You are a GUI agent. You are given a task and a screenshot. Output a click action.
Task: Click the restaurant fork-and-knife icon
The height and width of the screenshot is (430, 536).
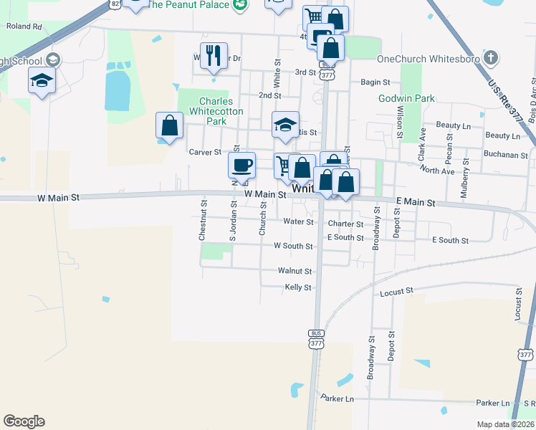(x=213, y=55)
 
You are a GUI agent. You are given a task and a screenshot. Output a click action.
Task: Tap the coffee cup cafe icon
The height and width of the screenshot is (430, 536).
(x=241, y=164)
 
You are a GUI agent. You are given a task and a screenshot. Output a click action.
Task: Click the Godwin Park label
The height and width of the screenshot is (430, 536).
(x=406, y=98)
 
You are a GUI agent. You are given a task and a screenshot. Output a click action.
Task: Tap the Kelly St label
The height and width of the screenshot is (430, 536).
(x=298, y=287)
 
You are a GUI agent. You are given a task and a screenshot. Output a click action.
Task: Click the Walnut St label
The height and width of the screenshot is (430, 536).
(x=295, y=272)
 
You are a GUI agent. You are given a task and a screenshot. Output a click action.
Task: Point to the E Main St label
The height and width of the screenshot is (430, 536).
(x=416, y=204)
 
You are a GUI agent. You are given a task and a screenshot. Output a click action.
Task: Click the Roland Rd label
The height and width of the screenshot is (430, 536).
(x=24, y=27)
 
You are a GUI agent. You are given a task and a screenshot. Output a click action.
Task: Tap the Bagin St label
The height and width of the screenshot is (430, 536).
(x=375, y=82)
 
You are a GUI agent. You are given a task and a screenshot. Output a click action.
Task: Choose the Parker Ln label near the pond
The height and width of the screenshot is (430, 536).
(x=338, y=398)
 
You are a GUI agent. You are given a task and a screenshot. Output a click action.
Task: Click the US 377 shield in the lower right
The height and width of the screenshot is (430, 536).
(x=526, y=355)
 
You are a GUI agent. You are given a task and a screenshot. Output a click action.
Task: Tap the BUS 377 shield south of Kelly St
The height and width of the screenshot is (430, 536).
(x=316, y=339)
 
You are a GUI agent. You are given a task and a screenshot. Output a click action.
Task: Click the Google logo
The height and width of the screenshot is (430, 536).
(x=24, y=421)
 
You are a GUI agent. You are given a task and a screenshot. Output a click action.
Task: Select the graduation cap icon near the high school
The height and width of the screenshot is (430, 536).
(x=42, y=81)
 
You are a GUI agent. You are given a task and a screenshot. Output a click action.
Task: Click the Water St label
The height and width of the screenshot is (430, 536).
(x=298, y=222)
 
